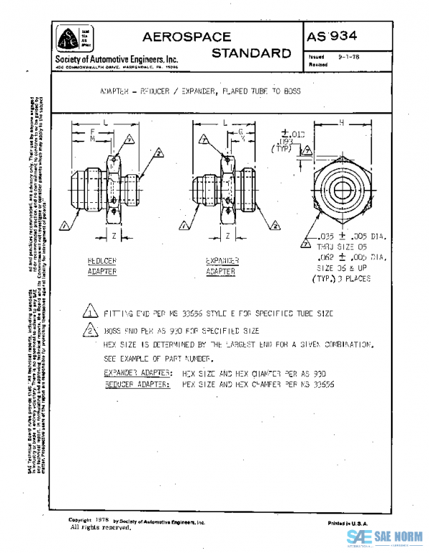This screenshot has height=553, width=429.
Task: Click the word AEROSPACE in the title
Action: [187, 36]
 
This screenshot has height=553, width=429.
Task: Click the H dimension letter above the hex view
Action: [342, 123]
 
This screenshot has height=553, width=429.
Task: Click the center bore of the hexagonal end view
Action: [340, 189]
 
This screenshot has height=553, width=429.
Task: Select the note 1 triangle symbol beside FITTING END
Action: [89, 312]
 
